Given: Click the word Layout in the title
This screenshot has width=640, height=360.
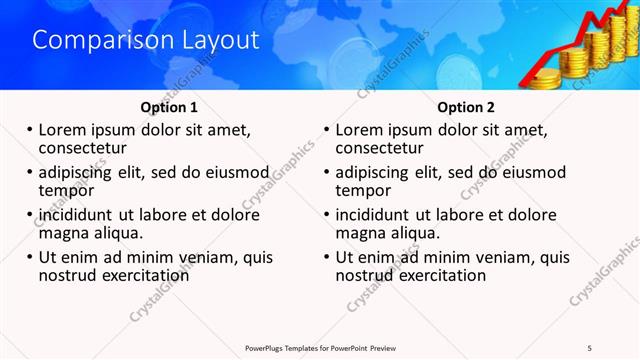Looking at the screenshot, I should pos(219,40).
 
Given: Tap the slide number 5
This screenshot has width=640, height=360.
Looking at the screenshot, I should pos(589,347).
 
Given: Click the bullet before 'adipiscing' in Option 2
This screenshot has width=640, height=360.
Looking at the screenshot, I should pos(327,172).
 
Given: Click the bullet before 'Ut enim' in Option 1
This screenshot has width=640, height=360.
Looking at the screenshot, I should pos(30,257).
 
